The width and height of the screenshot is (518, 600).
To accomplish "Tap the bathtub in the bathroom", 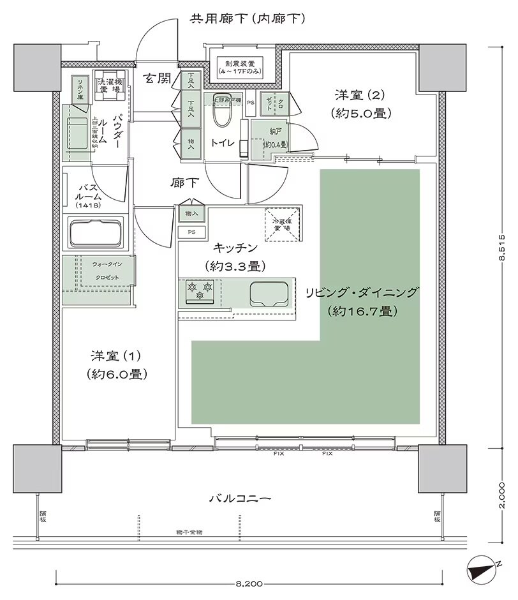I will click(x=98, y=233).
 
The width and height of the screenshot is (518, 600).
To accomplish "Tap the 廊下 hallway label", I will click(x=186, y=184).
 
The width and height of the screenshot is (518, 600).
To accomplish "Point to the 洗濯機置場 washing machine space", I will click(x=109, y=86).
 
